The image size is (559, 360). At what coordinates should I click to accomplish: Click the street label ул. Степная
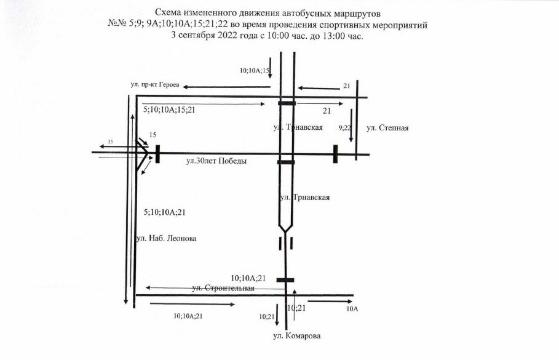pos(387,128)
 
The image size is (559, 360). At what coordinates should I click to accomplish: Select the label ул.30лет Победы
pos(216,161)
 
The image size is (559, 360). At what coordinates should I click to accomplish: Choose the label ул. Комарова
pos(296,336)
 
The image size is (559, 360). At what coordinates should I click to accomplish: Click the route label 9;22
pos(345,129)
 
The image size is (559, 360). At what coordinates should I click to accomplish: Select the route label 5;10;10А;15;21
pos(169,110)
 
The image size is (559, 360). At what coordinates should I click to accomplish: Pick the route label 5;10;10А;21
pos(164,212)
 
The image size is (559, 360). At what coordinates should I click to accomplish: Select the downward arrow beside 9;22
pos(352,126)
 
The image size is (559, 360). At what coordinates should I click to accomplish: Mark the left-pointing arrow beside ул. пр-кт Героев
pos(215,86)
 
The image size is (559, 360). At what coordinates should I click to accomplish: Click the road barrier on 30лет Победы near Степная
pos(335,154)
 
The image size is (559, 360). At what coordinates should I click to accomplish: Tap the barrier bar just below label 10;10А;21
pos(285,280)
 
